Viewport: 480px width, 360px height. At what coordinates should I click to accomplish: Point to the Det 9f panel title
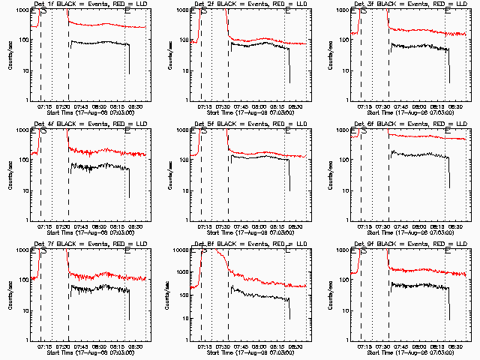click(x=405, y=244)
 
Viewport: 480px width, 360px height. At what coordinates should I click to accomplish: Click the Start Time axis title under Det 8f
click(x=244, y=355)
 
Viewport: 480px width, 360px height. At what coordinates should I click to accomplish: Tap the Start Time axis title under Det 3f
click(x=405, y=115)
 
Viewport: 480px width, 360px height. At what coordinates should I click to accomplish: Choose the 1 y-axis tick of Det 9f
click(x=346, y=340)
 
